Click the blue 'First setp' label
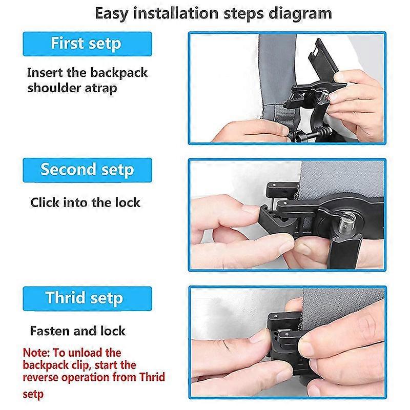(86, 43)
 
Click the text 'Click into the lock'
(85, 202)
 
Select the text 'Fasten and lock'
(77, 331)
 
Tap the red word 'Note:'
(38, 353)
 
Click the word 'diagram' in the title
(300, 12)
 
